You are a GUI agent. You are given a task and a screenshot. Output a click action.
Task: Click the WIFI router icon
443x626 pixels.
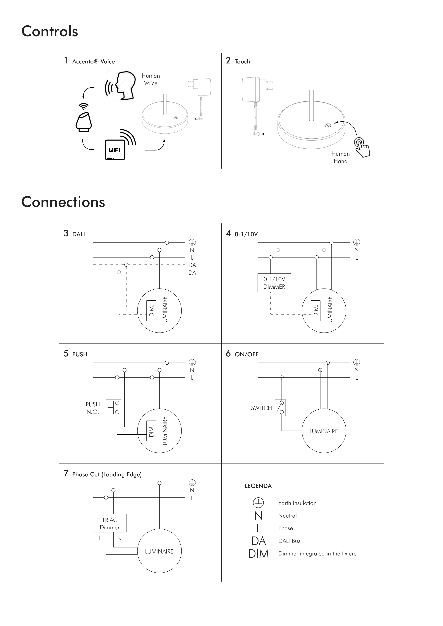[x=115, y=150]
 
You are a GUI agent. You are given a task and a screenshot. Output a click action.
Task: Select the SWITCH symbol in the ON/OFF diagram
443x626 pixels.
[x=280, y=408]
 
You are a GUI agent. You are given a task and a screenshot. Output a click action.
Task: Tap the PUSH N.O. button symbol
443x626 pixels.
[x=113, y=408]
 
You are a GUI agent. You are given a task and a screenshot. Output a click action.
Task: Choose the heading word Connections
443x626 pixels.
[x=63, y=202]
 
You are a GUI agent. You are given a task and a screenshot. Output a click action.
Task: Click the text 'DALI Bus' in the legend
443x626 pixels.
[x=289, y=541]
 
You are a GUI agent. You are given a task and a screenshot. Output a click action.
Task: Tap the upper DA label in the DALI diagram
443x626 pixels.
[x=192, y=265]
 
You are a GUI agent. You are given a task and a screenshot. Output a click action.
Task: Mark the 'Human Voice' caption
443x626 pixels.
[x=151, y=79]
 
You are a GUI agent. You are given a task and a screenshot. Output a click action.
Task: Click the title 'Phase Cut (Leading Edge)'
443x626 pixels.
[x=107, y=474]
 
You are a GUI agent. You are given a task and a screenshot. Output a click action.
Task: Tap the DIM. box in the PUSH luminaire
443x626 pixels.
[x=151, y=431]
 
